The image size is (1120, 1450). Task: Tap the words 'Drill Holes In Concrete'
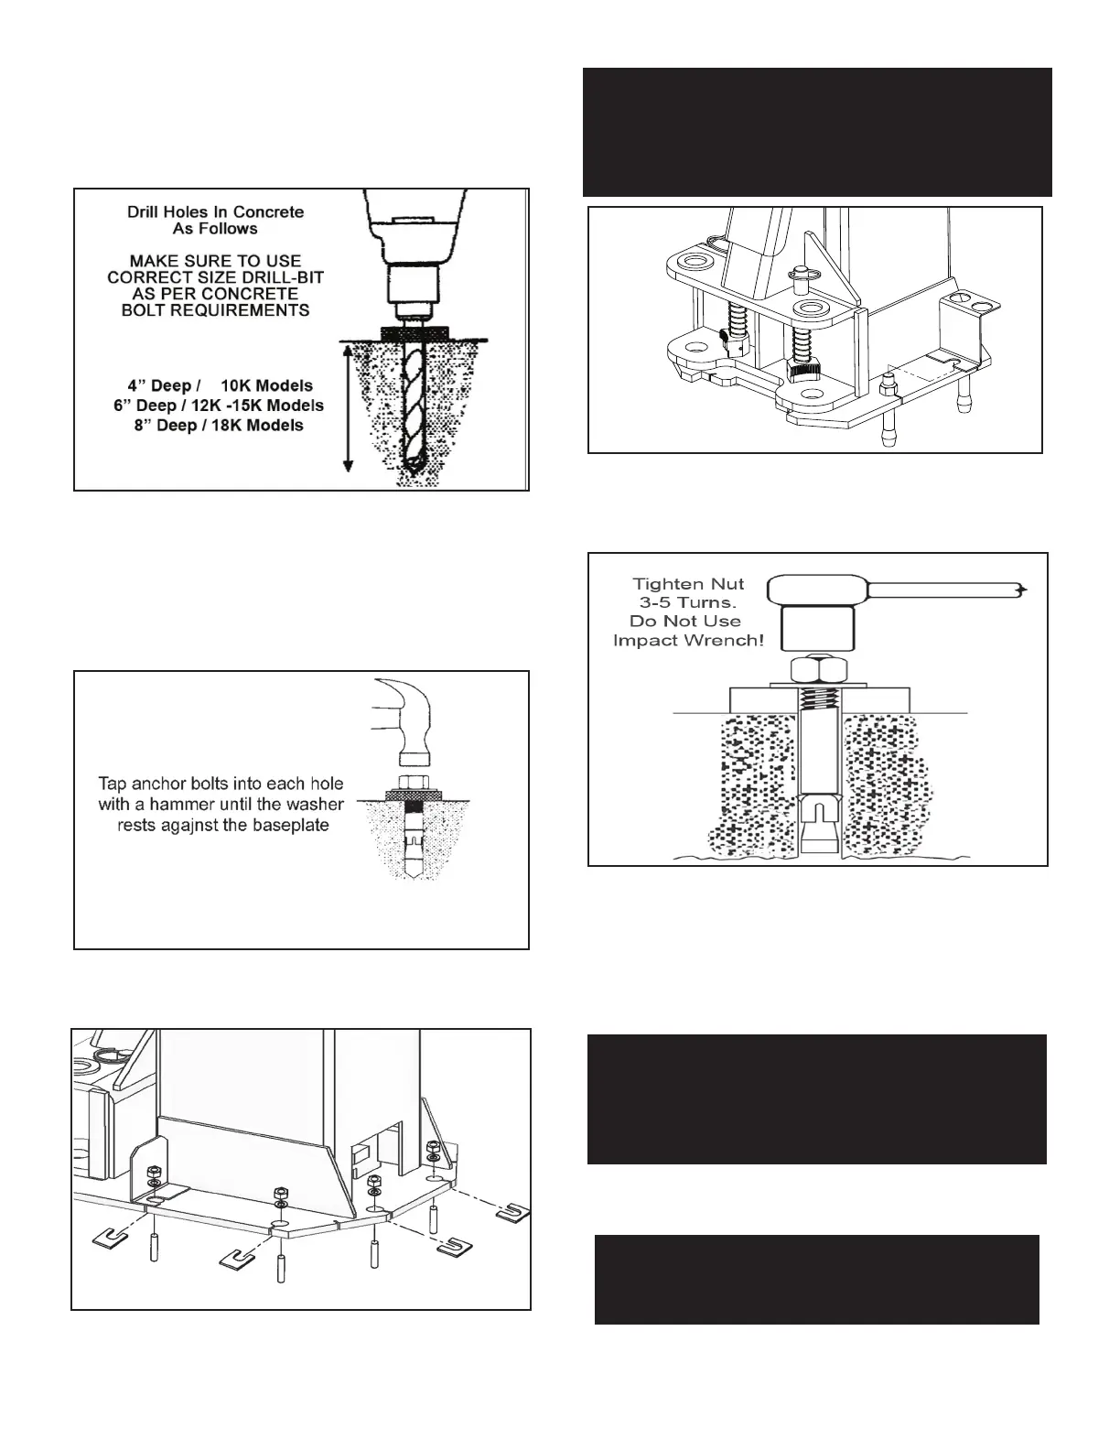tap(215, 211)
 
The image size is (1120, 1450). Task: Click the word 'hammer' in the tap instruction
tap(203, 805)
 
